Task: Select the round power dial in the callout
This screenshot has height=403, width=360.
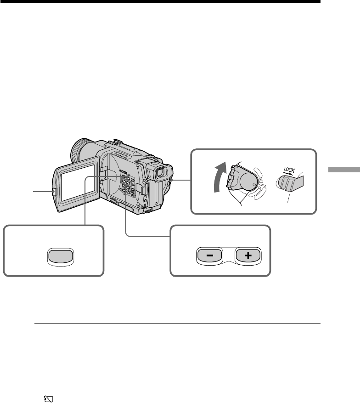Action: click(248, 182)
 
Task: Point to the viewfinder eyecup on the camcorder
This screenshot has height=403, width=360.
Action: click(163, 174)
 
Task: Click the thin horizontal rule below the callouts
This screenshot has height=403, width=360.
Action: click(177, 323)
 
